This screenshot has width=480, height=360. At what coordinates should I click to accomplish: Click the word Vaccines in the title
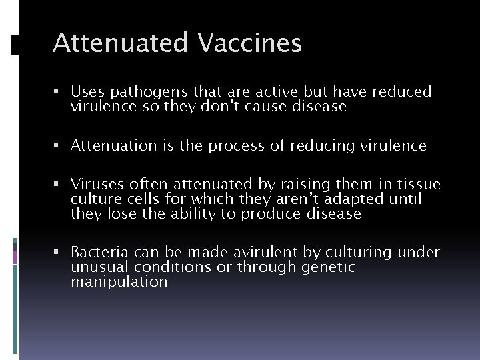(x=249, y=43)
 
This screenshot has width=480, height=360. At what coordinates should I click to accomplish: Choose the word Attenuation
(x=111, y=145)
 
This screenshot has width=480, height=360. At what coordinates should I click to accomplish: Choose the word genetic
(x=329, y=267)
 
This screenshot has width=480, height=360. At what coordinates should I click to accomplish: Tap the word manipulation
(x=119, y=281)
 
